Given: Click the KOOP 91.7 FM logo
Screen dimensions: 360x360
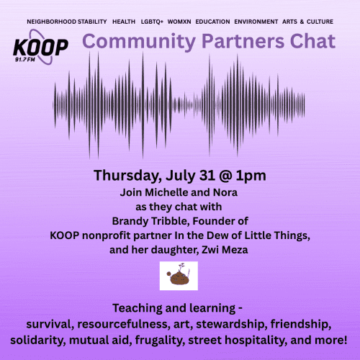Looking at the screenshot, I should point(40,50).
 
